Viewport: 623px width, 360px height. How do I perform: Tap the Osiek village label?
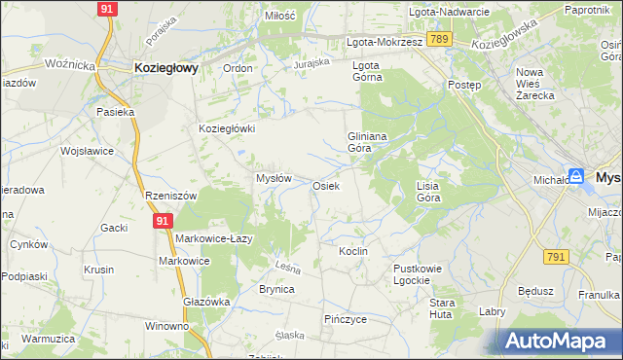pyautogui.click(x=325, y=185)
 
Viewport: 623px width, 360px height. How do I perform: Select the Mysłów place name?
pyautogui.click(x=274, y=178)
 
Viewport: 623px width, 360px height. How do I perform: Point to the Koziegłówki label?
pyautogui.click(x=227, y=128)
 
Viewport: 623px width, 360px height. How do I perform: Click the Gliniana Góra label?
pyautogui.click(x=368, y=143)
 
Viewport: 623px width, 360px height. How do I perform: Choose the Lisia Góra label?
pyautogui.click(x=428, y=191)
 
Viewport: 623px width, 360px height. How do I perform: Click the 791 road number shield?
pyautogui.click(x=556, y=256)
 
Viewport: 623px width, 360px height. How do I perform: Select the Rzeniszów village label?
pyautogui.click(x=170, y=195)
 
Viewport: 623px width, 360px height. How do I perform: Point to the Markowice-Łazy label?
pyautogui.click(x=214, y=238)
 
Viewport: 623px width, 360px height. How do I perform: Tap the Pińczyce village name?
pyautogui.click(x=345, y=318)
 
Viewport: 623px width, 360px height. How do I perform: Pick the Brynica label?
pyautogui.click(x=276, y=289)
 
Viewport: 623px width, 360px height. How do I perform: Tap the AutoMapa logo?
pyautogui.click(x=559, y=341)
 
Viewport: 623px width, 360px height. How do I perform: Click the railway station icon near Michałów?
pyautogui.click(x=576, y=176)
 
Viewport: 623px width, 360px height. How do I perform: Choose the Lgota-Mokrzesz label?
pyautogui.click(x=385, y=43)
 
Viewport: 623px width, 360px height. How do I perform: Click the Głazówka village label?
pyautogui.click(x=206, y=302)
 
